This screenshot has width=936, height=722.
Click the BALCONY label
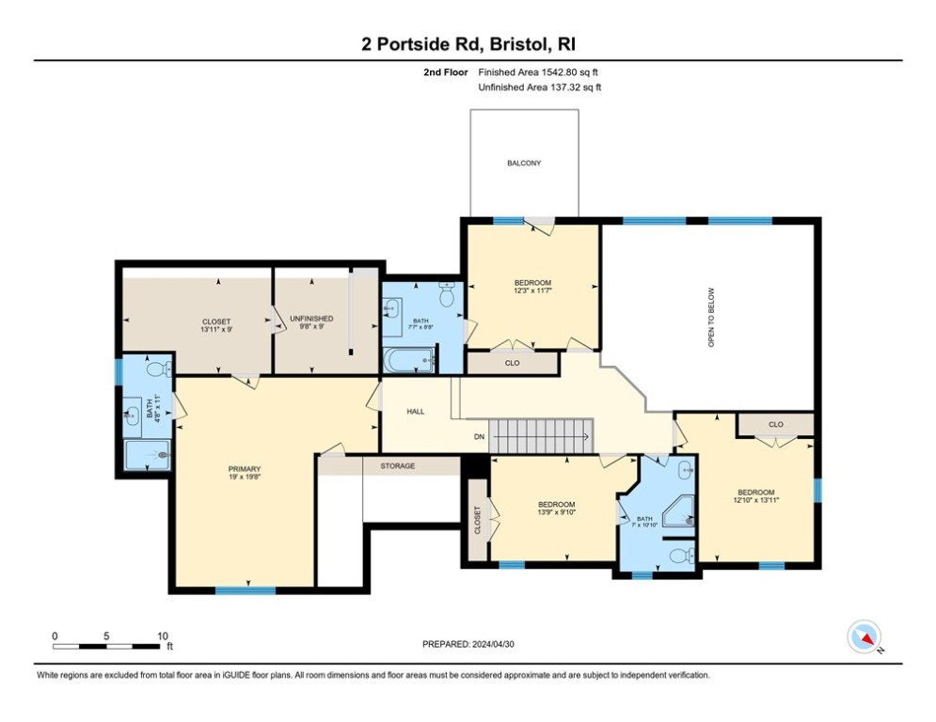tap(524, 163)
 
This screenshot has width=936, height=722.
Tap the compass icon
tap(865, 636)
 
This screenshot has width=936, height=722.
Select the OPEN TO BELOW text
tap(711, 318)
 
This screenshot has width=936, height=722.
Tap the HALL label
tap(416, 411)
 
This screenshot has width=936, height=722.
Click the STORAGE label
tap(398, 466)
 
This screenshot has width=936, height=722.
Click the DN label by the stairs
tap(479, 437)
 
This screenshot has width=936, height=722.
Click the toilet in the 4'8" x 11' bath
tap(158, 369)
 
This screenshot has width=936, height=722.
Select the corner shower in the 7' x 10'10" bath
tap(679, 510)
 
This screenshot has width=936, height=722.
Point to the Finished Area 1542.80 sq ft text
tap(538, 72)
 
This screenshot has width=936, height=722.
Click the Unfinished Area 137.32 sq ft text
tap(540, 87)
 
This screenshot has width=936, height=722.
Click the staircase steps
tap(542, 436)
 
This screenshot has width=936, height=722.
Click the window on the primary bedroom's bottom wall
tap(246, 590)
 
